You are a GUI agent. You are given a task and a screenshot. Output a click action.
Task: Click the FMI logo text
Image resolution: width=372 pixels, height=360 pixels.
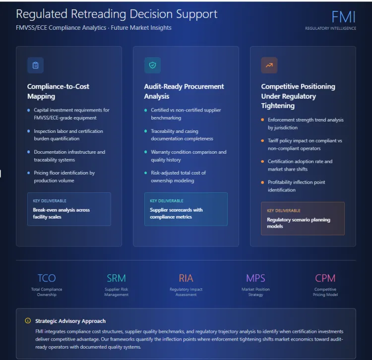[343, 17]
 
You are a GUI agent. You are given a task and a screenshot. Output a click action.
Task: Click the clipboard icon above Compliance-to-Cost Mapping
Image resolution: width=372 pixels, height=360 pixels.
[35, 65]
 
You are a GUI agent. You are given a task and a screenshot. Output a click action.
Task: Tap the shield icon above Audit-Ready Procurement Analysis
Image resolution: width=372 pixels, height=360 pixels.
[152, 65]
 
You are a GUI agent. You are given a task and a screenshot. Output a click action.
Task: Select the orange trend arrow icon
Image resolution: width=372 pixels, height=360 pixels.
[269, 65]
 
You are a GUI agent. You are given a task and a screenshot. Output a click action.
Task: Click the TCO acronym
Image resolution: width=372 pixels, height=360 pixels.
[47, 278]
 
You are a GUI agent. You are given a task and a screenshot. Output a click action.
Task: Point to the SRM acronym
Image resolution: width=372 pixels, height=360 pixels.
[117, 278]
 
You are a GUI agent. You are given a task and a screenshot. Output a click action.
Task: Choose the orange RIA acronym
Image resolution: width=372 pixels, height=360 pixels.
[186, 278]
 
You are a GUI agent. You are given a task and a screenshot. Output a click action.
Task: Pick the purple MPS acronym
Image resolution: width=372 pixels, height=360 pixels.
[255, 278]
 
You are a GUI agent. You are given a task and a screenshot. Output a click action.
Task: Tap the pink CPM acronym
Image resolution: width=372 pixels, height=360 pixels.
[325, 278]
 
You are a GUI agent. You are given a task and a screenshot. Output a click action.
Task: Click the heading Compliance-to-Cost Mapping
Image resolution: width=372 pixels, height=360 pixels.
[58, 91]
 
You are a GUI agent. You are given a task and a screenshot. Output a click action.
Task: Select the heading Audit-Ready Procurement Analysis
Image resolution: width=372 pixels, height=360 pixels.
[184, 91]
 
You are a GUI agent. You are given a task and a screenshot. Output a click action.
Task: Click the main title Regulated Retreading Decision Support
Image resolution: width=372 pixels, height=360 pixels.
[117, 14]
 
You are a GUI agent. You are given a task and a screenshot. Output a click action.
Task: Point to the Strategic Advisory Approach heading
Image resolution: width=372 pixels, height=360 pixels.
[70, 321]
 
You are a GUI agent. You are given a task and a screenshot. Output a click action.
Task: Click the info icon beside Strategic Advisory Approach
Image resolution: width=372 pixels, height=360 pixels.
[28, 321]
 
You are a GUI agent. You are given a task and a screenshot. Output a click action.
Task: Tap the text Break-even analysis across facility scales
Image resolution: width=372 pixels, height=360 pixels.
[62, 213]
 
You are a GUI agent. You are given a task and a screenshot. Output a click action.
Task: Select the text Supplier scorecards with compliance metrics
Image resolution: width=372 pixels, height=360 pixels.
[176, 213]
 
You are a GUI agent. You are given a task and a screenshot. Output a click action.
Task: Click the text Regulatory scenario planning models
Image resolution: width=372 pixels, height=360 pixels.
[298, 223]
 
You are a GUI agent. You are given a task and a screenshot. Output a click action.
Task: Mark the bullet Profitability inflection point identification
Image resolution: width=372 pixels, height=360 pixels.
[297, 186]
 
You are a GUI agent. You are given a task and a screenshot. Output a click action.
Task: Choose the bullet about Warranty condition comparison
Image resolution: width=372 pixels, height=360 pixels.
[188, 156]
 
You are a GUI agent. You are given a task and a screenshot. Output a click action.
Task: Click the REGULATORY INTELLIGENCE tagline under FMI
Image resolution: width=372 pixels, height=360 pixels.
[330, 28]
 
